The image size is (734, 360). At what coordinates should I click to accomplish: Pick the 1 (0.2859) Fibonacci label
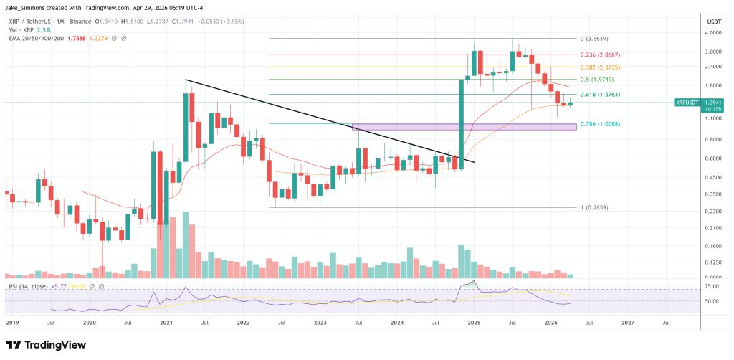[594, 207]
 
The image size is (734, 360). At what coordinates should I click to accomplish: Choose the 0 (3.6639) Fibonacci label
[594, 39]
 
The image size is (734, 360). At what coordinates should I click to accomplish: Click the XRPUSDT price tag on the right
[687, 103]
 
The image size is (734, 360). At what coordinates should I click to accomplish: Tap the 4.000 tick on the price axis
[712, 32]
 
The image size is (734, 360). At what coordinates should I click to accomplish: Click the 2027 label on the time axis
[627, 323]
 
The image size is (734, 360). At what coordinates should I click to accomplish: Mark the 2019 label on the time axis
[14, 323]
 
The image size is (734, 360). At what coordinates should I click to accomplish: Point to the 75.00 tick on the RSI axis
[712, 287]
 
